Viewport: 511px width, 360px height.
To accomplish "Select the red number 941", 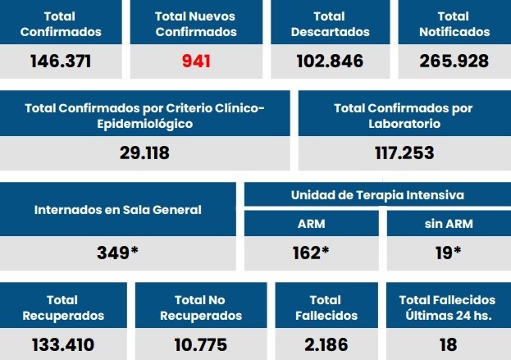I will click(x=196, y=61).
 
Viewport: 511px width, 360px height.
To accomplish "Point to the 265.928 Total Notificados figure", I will click(x=454, y=61).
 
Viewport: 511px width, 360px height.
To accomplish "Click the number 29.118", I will click(x=145, y=153).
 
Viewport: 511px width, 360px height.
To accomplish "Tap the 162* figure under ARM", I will click(x=311, y=253).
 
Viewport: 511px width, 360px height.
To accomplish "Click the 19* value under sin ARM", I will click(x=448, y=253).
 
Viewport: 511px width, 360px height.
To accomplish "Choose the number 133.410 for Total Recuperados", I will click(x=63, y=344).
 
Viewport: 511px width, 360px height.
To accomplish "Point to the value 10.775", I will click(x=200, y=344).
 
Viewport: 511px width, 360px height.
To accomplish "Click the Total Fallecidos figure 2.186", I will click(x=326, y=344).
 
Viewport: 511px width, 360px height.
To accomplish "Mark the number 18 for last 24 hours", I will click(x=447, y=344).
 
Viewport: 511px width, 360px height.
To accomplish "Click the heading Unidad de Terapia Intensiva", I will click(x=377, y=195).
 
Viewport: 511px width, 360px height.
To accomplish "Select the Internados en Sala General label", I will click(x=118, y=210).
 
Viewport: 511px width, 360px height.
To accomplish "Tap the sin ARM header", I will click(x=448, y=224).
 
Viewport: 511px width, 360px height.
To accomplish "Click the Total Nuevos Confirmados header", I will click(x=196, y=24).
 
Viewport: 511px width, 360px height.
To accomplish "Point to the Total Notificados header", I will click(x=454, y=24).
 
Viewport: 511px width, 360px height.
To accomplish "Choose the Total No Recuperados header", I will click(x=201, y=308).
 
